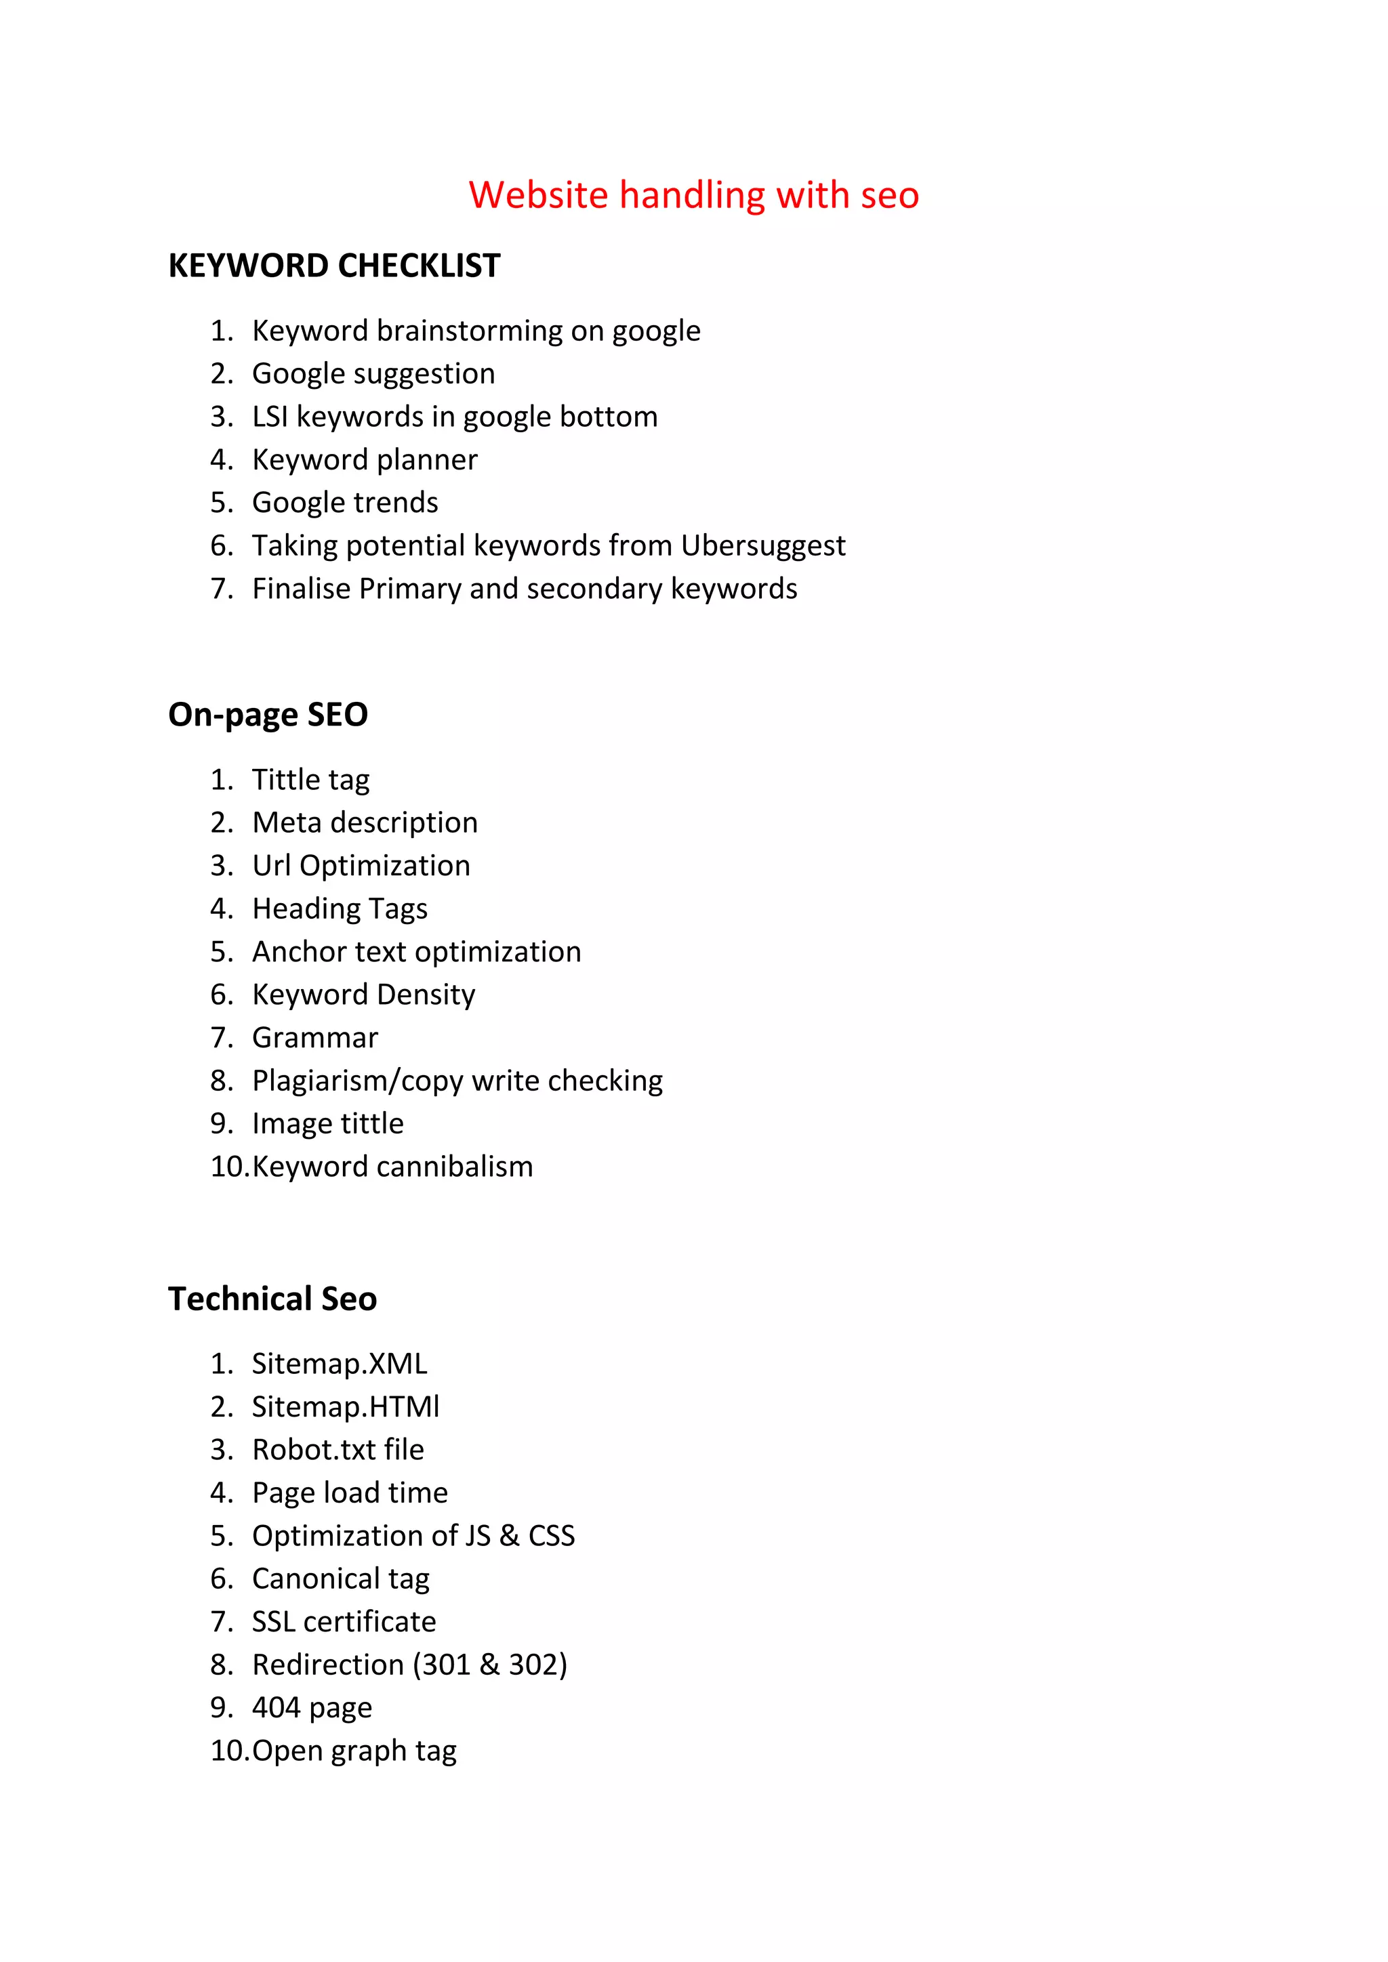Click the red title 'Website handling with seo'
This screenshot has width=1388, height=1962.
click(x=693, y=195)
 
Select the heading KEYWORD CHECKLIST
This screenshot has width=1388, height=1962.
click(x=334, y=266)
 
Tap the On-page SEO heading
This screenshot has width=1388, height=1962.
click(x=268, y=714)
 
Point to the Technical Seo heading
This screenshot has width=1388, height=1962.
click(x=272, y=1298)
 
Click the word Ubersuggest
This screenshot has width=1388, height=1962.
click(x=762, y=545)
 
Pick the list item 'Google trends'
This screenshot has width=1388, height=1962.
click(x=344, y=503)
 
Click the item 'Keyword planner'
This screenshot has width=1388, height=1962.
click(x=364, y=460)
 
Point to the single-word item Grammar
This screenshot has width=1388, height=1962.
click(x=314, y=1037)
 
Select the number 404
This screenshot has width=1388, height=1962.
click(x=276, y=1707)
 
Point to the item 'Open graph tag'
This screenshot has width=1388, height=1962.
click(x=354, y=1751)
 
